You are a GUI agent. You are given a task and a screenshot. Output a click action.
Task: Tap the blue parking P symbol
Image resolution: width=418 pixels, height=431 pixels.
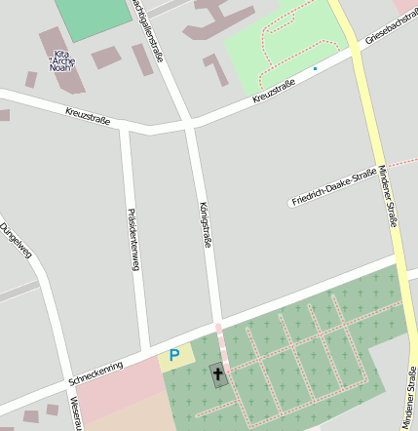pyautogui.click(x=174, y=356)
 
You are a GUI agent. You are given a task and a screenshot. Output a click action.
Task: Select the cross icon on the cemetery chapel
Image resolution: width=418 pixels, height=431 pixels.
pyautogui.click(x=216, y=374)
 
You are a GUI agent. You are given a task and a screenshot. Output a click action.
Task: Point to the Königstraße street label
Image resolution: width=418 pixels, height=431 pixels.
pyautogui.click(x=206, y=226)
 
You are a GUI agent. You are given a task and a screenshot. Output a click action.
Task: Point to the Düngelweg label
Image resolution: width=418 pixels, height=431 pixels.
pyautogui.click(x=16, y=241)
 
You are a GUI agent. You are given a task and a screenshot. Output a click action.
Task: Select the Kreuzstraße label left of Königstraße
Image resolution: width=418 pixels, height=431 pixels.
pyautogui.click(x=88, y=116)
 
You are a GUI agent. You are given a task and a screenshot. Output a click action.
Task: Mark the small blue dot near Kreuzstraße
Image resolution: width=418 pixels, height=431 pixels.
pyautogui.click(x=315, y=69)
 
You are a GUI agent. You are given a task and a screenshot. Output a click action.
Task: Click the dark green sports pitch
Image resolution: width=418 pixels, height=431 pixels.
pyautogui.click(x=94, y=17)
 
